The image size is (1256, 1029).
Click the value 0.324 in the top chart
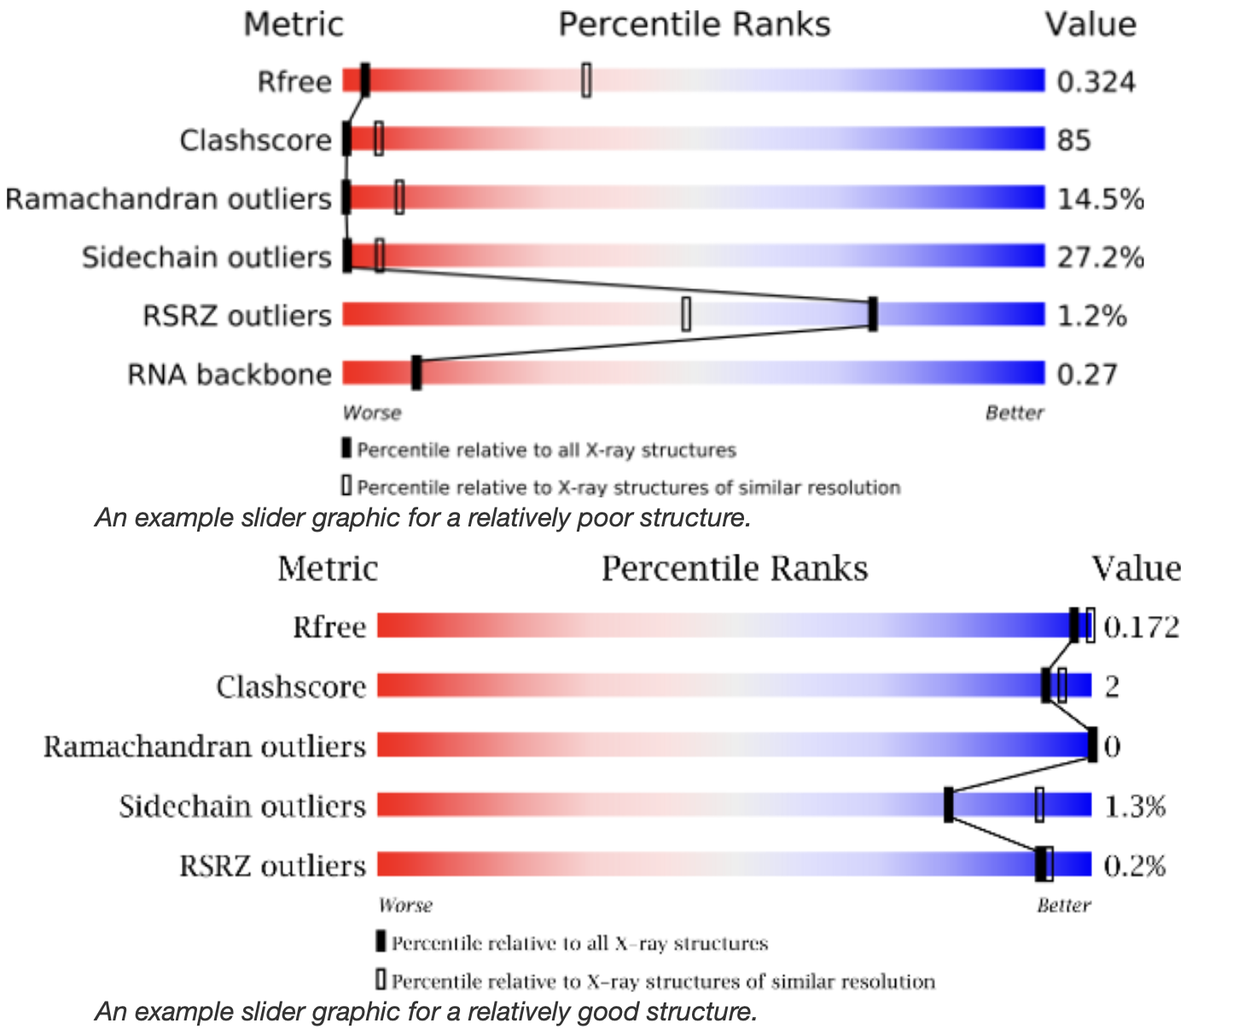pyautogui.click(x=1096, y=82)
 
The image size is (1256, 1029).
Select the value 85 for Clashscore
pyautogui.click(x=1073, y=140)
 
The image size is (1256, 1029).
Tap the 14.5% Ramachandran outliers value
pyautogui.click(x=1100, y=199)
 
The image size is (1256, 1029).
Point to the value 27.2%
pyautogui.click(x=1100, y=257)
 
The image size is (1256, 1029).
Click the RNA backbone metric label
pyautogui.click(x=229, y=374)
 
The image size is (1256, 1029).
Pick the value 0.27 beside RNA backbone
pyautogui.click(x=1086, y=374)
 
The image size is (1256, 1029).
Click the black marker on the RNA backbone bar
pyautogui.click(x=416, y=374)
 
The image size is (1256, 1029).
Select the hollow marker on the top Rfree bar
pyautogui.click(x=586, y=80)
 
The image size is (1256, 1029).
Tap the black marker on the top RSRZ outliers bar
pyautogui.click(x=872, y=314)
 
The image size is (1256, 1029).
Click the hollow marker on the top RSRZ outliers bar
pyautogui.click(x=686, y=314)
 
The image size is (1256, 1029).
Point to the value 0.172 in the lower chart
pyautogui.click(x=1141, y=627)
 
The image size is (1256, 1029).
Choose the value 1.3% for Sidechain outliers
pyautogui.click(x=1134, y=806)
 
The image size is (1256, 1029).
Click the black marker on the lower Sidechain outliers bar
pyautogui.click(x=949, y=805)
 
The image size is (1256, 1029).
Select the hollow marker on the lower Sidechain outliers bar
pyautogui.click(x=1039, y=805)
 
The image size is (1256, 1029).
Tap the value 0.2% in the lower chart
pyautogui.click(x=1134, y=866)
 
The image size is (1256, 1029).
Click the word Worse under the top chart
pyautogui.click(x=372, y=413)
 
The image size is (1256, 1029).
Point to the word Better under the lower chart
pyautogui.click(x=1063, y=905)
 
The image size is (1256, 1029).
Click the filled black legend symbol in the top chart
pyautogui.click(x=346, y=448)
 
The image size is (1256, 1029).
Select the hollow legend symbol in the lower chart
pyautogui.click(x=381, y=979)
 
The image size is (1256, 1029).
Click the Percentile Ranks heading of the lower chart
pyautogui.click(x=734, y=569)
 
